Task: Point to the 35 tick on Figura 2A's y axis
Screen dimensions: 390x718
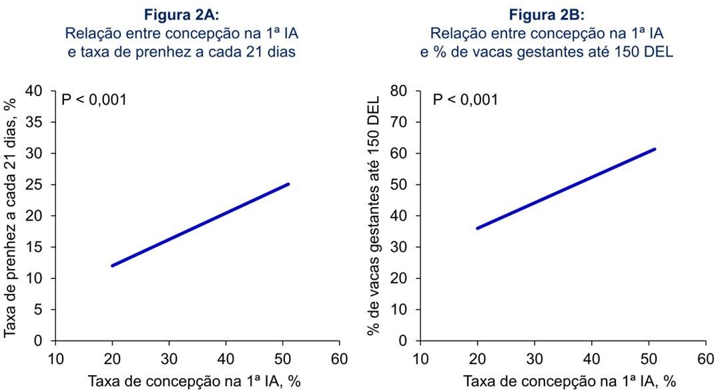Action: click(37, 122)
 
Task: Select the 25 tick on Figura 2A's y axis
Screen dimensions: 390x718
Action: click(37, 185)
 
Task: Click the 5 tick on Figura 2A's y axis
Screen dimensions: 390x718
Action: click(41, 310)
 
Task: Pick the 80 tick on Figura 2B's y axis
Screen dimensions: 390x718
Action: click(402, 91)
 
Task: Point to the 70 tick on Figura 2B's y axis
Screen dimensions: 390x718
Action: click(402, 122)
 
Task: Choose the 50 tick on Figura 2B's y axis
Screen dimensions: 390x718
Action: click(402, 185)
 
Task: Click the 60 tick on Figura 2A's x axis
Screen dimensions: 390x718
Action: click(340, 359)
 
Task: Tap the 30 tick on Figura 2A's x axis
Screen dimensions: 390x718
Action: click(169, 359)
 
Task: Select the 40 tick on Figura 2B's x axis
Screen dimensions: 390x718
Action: click(591, 359)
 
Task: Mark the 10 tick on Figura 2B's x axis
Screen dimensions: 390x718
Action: click(420, 359)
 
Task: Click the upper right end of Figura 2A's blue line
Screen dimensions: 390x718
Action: click(288, 184)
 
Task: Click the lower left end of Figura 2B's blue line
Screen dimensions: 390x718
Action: click(478, 228)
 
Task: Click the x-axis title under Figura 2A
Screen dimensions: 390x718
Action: click(196, 381)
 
